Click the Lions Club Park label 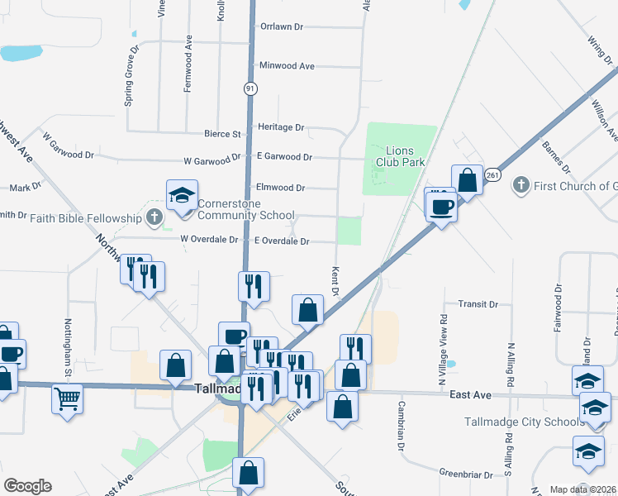coord(405,156)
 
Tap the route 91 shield coord(250,87)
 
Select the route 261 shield coord(492,175)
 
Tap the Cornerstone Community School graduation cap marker coord(182,195)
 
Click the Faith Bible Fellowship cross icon coord(154,218)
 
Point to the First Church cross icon coord(521,184)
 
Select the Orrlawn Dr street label coord(282,26)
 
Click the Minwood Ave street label coord(287,65)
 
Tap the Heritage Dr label coord(281,127)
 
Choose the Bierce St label coord(222,133)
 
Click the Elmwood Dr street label coord(281,188)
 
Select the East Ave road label coord(471,396)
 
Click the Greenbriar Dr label coord(466,475)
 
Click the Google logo coord(27,486)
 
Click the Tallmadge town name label coord(216,389)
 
